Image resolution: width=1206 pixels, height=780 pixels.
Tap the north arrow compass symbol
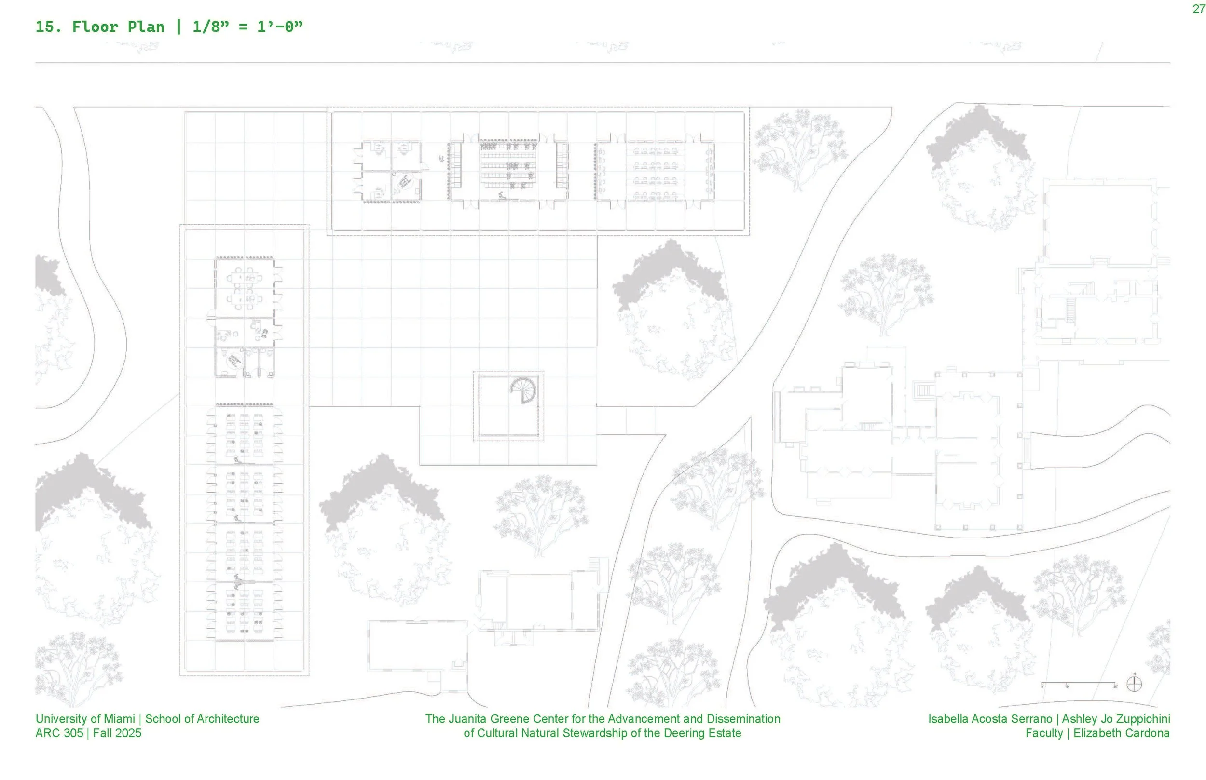[x=1134, y=684]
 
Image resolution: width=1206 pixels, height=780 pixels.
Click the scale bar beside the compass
[x=1078, y=684]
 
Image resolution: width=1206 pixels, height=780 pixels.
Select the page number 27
[x=1198, y=9]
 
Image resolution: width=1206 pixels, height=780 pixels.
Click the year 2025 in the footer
[x=129, y=733]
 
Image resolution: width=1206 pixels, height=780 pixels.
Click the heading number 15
[x=48, y=27]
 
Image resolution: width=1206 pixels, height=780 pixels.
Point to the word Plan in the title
[x=146, y=27]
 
